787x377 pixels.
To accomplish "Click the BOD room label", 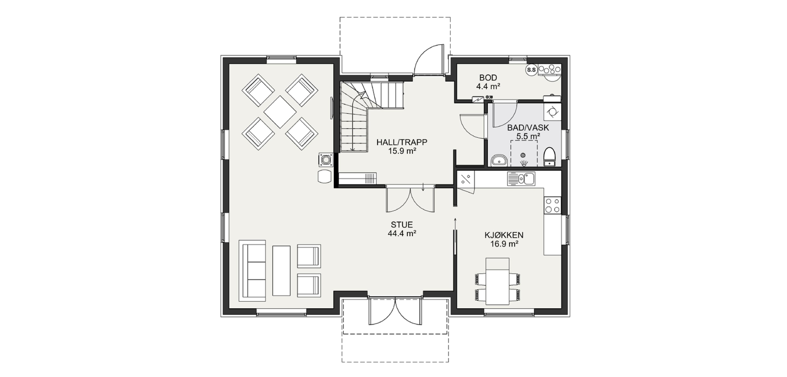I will pyautogui.click(x=488, y=78).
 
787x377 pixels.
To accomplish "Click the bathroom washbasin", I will pyautogui.click(x=499, y=160).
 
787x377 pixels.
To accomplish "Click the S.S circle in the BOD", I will pyautogui.click(x=531, y=70).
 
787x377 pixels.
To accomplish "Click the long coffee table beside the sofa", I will pyautogui.click(x=281, y=270).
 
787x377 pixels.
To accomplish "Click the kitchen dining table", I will pyautogui.click(x=497, y=281).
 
